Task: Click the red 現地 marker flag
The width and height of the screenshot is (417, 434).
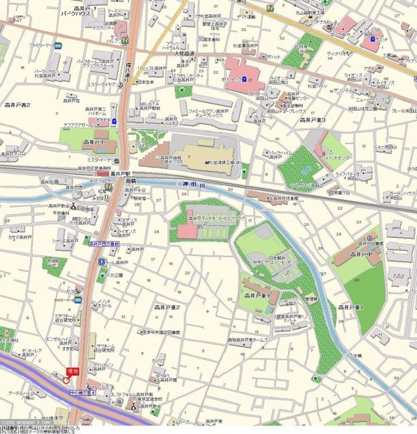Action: (x=72, y=371)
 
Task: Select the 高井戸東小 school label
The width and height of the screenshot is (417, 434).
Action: (x=258, y=296)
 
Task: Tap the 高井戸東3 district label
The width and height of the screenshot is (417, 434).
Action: (x=313, y=120)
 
